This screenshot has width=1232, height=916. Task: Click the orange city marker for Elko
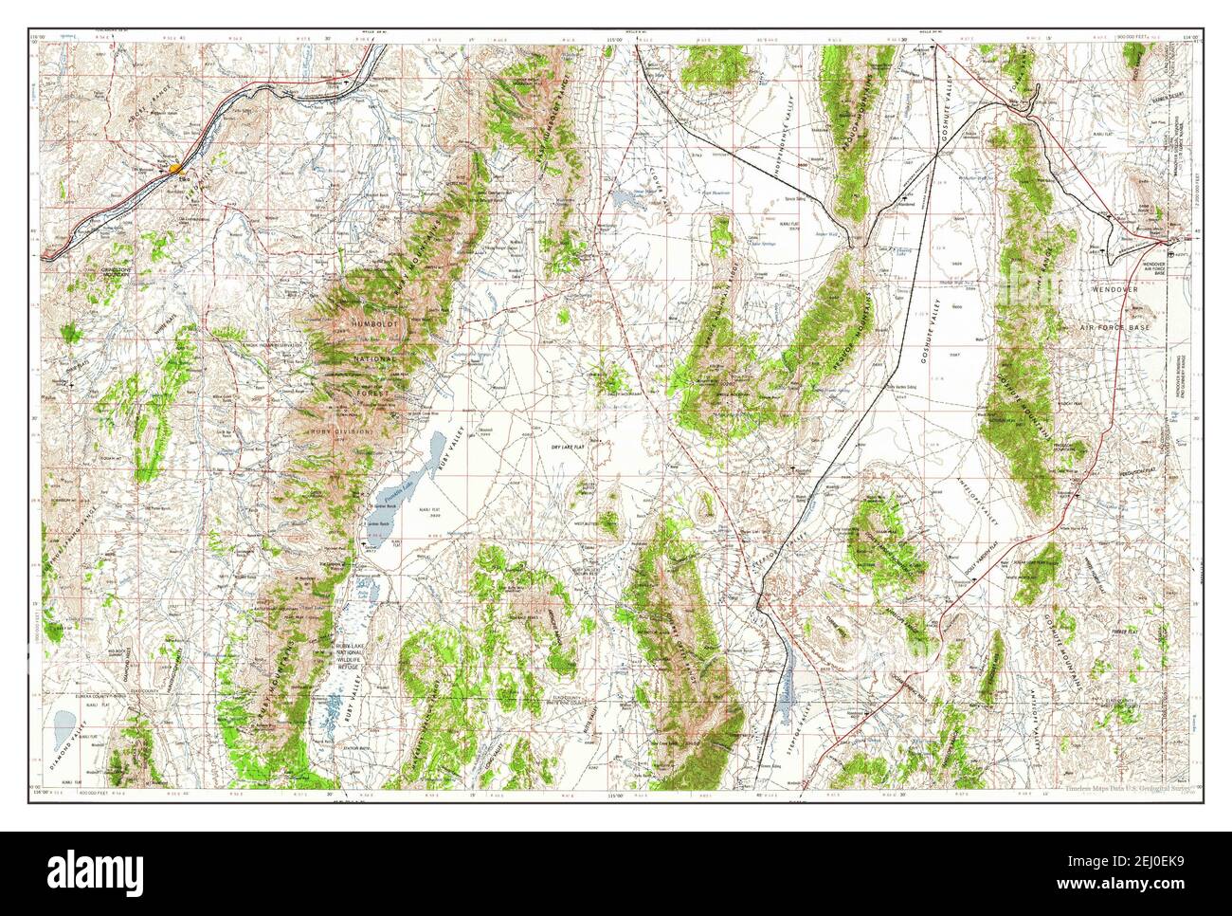tap(176, 169)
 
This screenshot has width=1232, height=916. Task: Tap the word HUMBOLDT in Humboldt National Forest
tap(374, 325)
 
